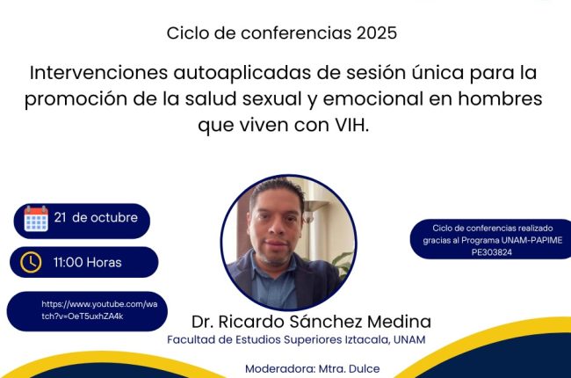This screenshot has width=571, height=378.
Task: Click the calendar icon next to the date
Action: pos(36,219)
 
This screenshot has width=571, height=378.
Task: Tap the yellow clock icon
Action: pos(31,262)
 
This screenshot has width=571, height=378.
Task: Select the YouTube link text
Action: pos(99,310)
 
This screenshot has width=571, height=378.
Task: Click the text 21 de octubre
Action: pos(96,218)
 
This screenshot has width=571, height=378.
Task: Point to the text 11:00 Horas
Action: pos(87,263)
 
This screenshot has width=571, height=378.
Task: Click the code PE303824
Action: pos(492,252)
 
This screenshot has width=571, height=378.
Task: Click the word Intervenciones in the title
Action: pos(98,73)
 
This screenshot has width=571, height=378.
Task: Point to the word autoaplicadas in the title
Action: pos(242,73)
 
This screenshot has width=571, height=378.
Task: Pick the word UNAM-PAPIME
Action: pos(531,240)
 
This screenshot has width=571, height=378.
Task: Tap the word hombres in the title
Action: pos(500,98)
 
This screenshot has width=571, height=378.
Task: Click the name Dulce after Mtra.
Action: pos(365,369)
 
